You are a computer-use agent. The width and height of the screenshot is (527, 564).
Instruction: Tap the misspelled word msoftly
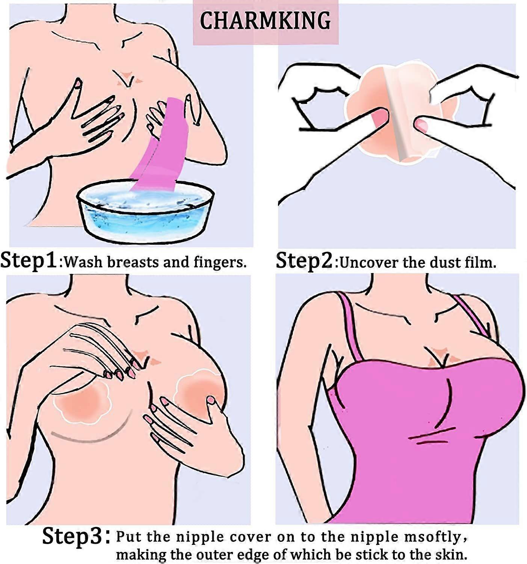coord(435,537)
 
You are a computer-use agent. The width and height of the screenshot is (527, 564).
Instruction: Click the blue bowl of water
coord(146,212)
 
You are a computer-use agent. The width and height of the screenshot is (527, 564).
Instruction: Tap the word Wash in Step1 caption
coord(83,262)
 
